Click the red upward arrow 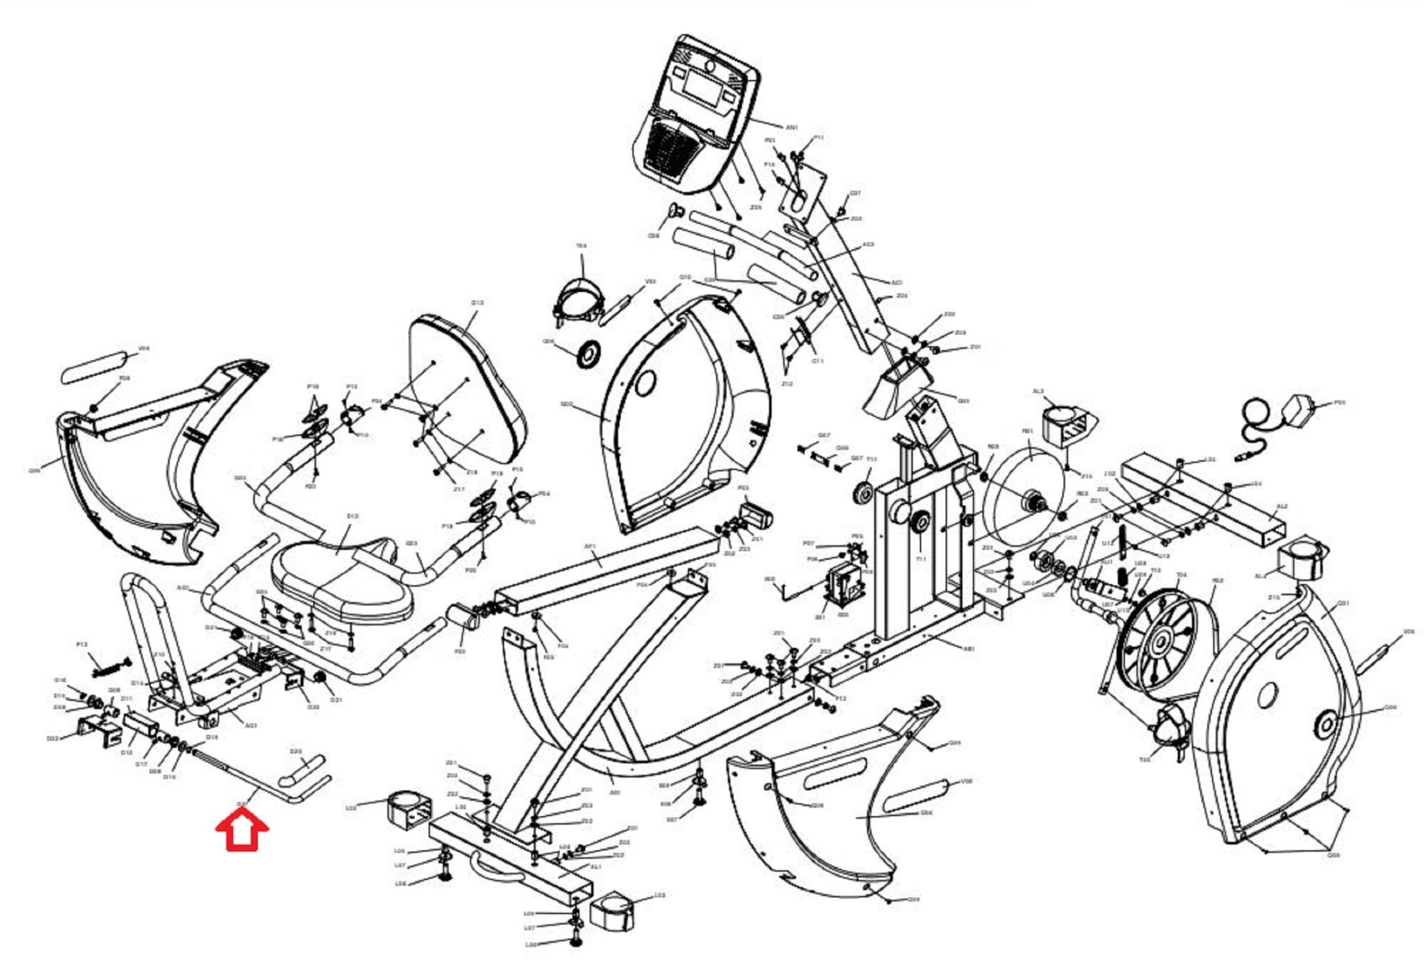point(242,832)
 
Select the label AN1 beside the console point(792,128)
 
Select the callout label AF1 point(590,547)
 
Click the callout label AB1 point(969,649)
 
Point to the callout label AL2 point(1283,506)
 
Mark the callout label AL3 point(1038,391)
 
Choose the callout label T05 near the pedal point(1144,760)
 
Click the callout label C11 point(818,361)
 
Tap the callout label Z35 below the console point(756,207)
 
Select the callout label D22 point(52,738)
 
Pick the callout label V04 point(144,348)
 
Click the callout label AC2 point(868,245)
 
